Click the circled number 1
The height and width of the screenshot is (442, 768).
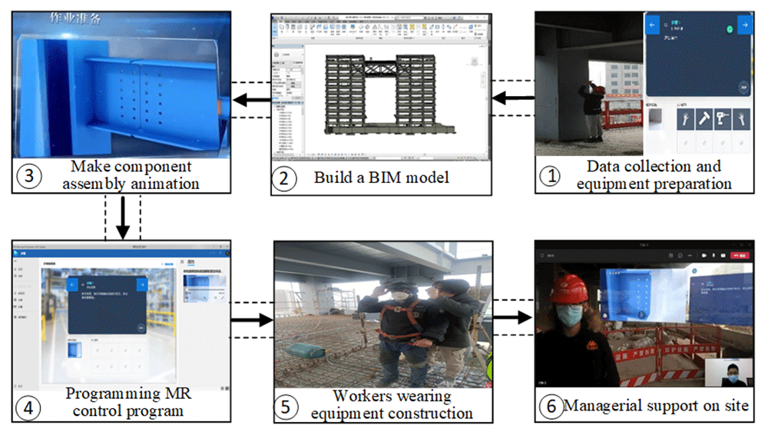point(550,176)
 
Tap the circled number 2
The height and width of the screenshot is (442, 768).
point(284,178)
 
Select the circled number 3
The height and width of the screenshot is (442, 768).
point(28,175)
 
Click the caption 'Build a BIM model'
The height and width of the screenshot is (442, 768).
point(381,178)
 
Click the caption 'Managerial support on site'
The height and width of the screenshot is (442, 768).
point(656,406)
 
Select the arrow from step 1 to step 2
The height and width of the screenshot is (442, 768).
point(513,98)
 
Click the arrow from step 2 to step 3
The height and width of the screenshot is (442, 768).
point(252,98)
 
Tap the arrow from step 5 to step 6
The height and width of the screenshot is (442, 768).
point(513,317)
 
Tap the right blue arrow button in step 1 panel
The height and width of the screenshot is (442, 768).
point(743,25)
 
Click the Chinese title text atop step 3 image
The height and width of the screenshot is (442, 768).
point(76,18)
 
